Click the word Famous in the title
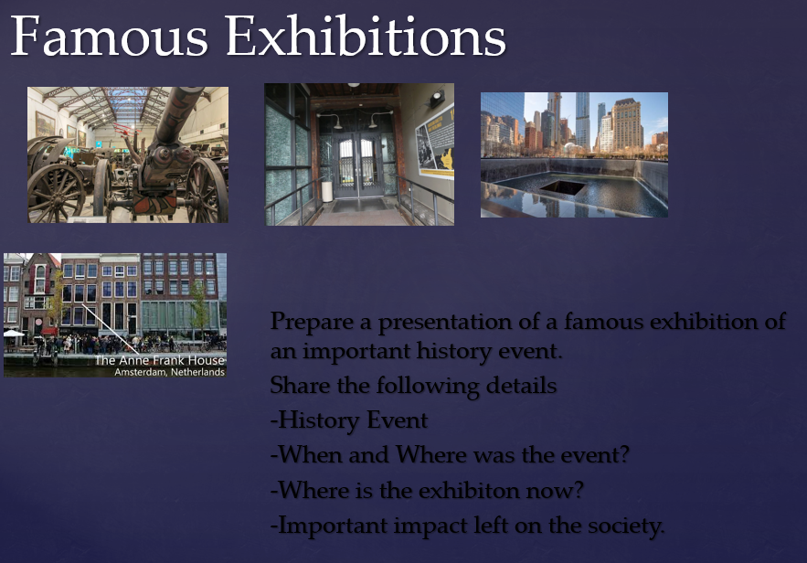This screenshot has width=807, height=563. pos(109,36)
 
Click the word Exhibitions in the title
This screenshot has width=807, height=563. pos(366,36)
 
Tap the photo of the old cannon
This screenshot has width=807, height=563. pos(128,154)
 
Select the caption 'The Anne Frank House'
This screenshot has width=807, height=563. pos(160,360)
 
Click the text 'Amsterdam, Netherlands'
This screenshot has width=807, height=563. pos(169,372)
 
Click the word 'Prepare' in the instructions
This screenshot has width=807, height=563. pos(313,322)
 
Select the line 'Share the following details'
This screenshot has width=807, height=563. pos(413,385)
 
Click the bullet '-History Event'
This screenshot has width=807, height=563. pos(349,420)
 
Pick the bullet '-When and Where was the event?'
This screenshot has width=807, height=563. pos(450,455)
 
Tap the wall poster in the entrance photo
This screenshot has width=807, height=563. pos(435,143)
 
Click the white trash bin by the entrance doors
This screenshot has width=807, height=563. pos(327,190)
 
